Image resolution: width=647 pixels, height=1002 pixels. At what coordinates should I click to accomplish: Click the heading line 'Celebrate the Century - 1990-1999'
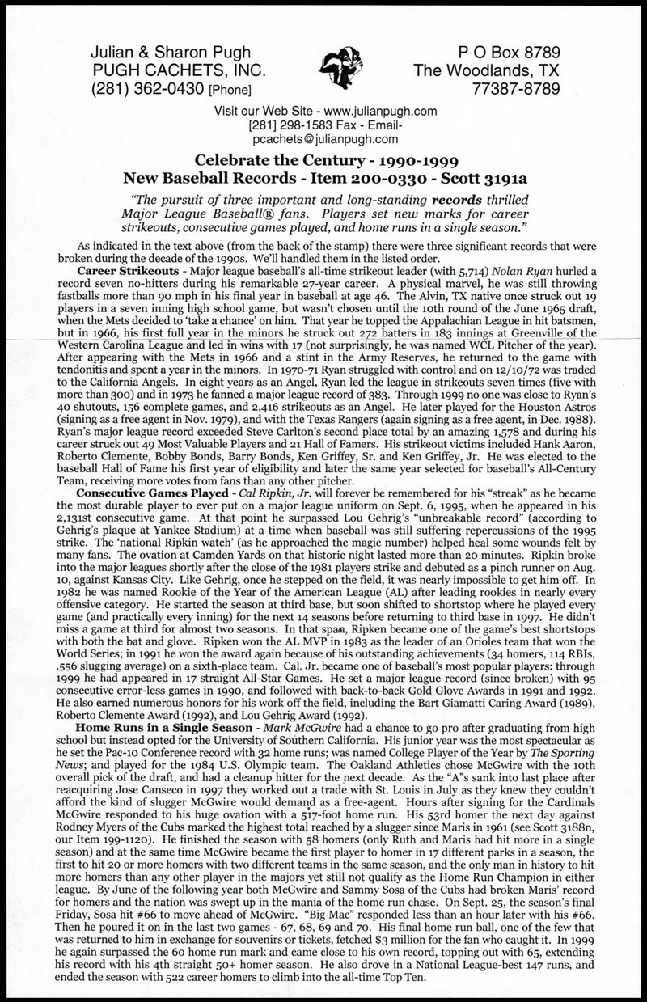pyautogui.click(x=323, y=159)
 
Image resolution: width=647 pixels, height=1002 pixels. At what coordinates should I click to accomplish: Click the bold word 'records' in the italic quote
pyautogui.click(x=457, y=197)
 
